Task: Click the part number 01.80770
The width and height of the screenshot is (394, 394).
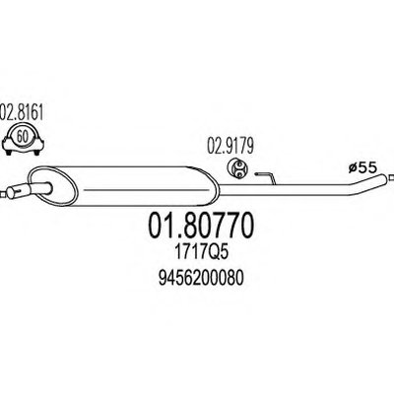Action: [x=202, y=226]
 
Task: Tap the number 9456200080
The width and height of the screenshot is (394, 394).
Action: [x=201, y=280]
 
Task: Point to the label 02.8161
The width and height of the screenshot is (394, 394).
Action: [x=22, y=112]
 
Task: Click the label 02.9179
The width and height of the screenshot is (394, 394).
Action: [x=230, y=147]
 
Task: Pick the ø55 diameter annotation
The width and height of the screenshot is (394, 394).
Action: [x=362, y=168]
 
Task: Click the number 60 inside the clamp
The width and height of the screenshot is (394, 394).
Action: [x=23, y=137]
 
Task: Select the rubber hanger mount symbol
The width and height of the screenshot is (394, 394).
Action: [x=238, y=168]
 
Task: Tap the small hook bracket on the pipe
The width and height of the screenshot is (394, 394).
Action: [x=267, y=177]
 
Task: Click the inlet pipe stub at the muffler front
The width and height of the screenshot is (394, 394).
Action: [x=29, y=188]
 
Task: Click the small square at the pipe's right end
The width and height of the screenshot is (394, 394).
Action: [x=390, y=178]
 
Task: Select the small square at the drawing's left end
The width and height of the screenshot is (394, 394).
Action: [x=3, y=194]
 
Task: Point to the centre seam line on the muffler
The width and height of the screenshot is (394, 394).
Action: [x=147, y=189]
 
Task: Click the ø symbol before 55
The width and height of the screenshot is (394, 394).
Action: [x=353, y=168]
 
